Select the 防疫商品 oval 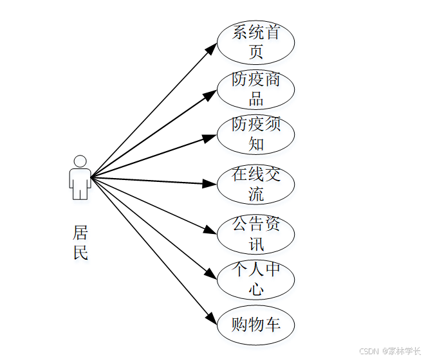pos(255,89)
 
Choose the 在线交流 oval pos(255,184)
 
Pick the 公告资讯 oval pos(255,233)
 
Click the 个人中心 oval pos(255,279)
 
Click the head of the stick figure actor pos(80,161)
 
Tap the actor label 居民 pos(80,242)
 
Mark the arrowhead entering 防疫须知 pos(209,138)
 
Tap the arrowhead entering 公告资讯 pos(209,230)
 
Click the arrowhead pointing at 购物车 pos(212,318)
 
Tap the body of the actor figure pos(80,183)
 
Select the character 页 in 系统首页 pos(256,51)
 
